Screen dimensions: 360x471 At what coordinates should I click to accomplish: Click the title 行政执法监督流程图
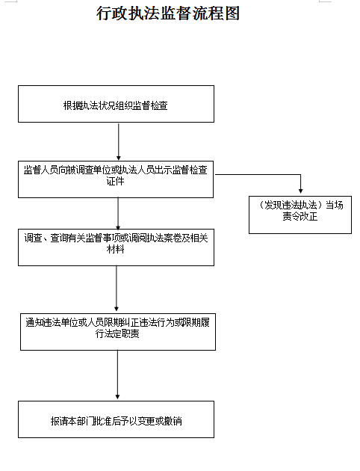(x=168, y=13)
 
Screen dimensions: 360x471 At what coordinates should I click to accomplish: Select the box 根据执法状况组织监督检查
(x=116, y=104)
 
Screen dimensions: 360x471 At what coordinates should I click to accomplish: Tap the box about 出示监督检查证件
(x=116, y=179)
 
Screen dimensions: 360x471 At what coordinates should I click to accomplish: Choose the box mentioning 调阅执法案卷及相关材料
(x=116, y=247)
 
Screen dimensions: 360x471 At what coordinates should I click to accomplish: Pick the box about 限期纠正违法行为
(x=118, y=332)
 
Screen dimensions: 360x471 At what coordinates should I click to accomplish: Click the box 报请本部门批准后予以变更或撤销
(x=116, y=419)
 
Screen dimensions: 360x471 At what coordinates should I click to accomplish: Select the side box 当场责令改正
(x=300, y=215)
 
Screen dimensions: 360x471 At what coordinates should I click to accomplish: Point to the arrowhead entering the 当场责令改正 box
(x=300, y=191)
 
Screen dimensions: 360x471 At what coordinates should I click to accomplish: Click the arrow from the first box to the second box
(x=119, y=141)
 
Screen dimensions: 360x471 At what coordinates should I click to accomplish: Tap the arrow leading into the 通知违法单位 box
(x=117, y=289)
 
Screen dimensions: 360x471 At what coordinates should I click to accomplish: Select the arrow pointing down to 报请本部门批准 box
(x=117, y=375)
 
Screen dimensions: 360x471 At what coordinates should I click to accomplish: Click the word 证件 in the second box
(x=115, y=181)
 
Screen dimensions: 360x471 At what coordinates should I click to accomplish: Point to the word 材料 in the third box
(x=115, y=249)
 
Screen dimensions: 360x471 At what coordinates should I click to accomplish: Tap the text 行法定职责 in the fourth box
(x=117, y=333)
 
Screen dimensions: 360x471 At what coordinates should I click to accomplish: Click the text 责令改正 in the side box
(x=300, y=216)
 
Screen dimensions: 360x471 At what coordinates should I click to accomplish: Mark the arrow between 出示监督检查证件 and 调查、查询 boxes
(x=118, y=214)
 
